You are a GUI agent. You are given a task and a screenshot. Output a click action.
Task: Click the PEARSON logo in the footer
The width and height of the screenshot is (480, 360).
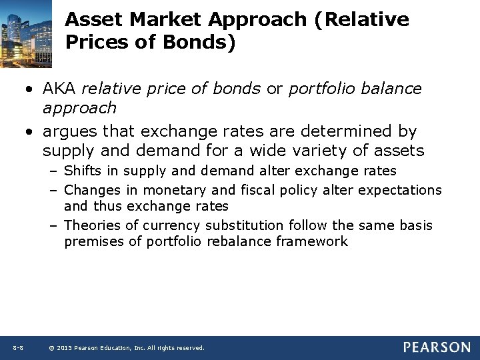pos(437,347)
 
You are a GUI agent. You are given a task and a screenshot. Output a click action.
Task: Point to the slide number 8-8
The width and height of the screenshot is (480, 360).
pos(18,348)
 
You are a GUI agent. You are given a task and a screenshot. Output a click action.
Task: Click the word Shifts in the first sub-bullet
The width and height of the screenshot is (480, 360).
pos(83,171)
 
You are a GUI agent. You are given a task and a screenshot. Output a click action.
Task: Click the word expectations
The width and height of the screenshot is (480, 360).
pos(400,190)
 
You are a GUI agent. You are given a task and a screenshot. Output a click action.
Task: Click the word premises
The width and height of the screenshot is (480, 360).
pos(93,241)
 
